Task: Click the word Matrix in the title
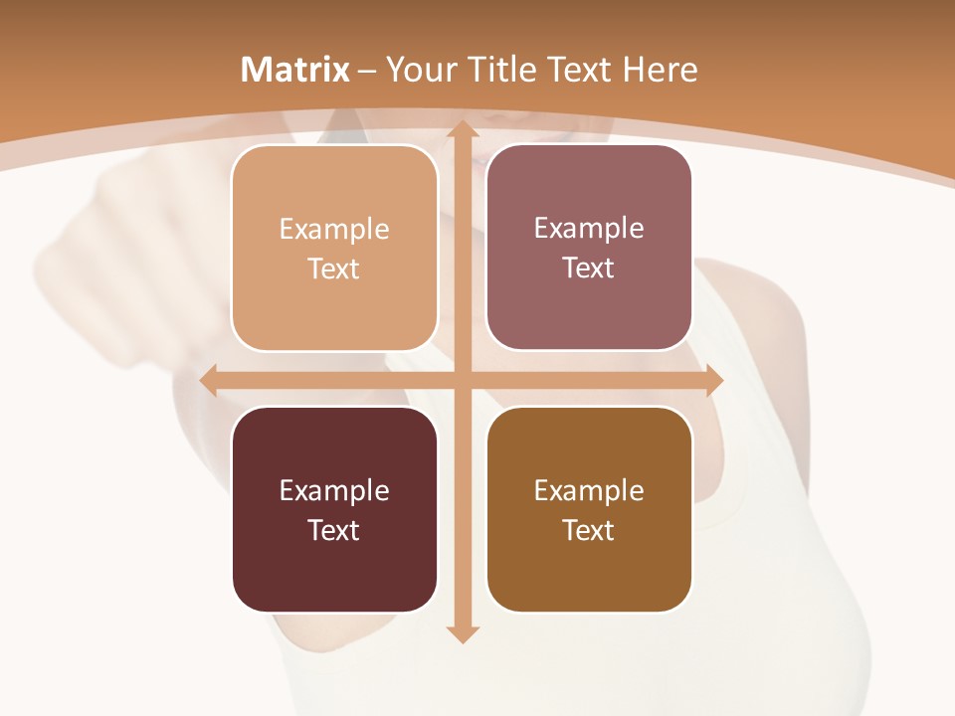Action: (x=295, y=70)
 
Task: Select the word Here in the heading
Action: (x=660, y=70)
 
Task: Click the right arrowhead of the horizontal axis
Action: (x=714, y=381)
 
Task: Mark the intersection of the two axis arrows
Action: (x=462, y=381)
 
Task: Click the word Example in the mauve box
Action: (x=589, y=229)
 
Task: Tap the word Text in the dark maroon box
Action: (x=333, y=530)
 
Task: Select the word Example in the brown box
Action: (x=589, y=490)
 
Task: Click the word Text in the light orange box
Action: (x=333, y=268)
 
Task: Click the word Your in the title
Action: (x=419, y=70)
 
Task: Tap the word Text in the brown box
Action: (x=588, y=530)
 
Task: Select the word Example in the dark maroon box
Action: (x=334, y=490)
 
